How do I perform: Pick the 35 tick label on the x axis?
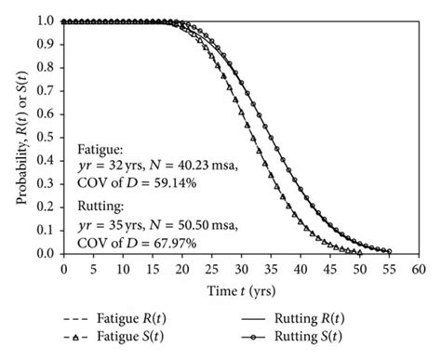click(272, 269)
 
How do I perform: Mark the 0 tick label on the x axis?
click(63, 269)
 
